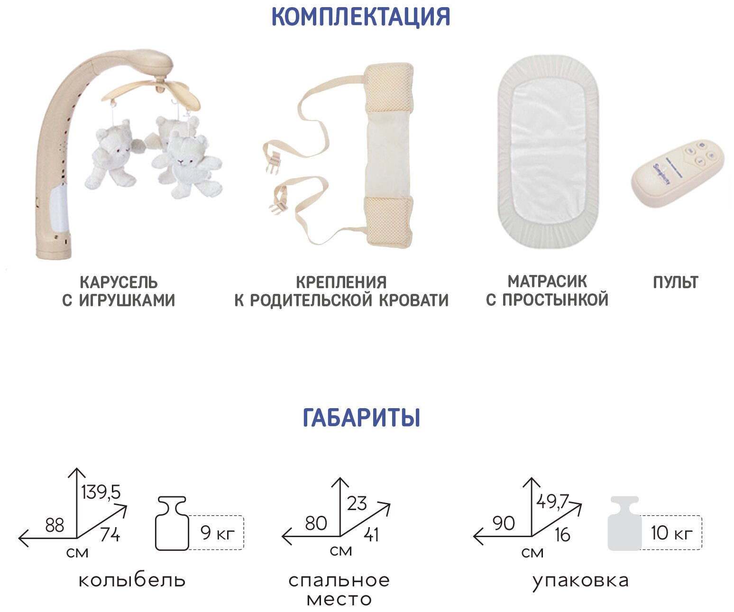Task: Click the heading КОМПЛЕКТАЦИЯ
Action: (x=360, y=17)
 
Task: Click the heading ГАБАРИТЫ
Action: (x=361, y=418)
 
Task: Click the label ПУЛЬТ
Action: (x=675, y=283)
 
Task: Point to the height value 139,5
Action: (x=101, y=493)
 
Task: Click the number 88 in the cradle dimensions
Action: (x=55, y=525)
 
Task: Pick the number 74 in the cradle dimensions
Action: (x=110, y=535)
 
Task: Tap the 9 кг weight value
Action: (x=218, y=533)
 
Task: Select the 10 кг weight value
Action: (x=671, y=533)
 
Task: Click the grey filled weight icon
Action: (x=624, y=524)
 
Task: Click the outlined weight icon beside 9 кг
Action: (x=171, y=524)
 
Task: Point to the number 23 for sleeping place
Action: (x=357, y=503)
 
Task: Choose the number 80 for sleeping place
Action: (x=316, y=524)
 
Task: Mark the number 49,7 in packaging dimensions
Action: (x=552, y=501)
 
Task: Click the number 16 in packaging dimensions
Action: (x=562, y=535)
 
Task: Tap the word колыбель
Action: (x=132, y=580)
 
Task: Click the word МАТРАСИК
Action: (x=547, y=282)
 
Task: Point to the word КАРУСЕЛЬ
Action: (x=119, y=283)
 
